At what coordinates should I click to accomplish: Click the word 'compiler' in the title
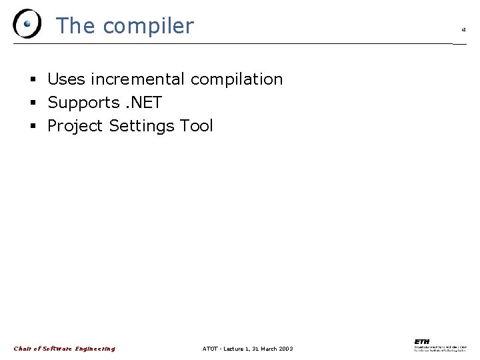(x=148, y=26)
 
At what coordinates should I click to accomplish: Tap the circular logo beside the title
(x=27, y=24)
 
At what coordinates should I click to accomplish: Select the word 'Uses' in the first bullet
(x=67, y=79)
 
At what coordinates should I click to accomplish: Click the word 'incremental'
(x=138, y=79)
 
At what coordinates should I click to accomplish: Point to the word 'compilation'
(x=237, y=79)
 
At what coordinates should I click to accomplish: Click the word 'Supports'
(x=83, y=103)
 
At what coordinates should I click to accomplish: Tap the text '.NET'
(x=143, y=103)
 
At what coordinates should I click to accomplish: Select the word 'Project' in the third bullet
(x=76, y=126)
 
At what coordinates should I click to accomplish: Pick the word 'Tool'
(x=196, y=126)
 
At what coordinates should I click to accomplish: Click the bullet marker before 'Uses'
(x=33, y=80)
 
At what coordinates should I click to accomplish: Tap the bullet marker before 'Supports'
(x=33, y=103)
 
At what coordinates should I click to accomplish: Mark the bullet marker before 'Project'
(x=33, y=127)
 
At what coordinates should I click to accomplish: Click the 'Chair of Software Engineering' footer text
(x=64, y=349)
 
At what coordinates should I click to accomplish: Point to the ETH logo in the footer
(x=440, y=346)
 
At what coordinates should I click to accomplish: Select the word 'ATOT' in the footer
(x=209, y=349)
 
